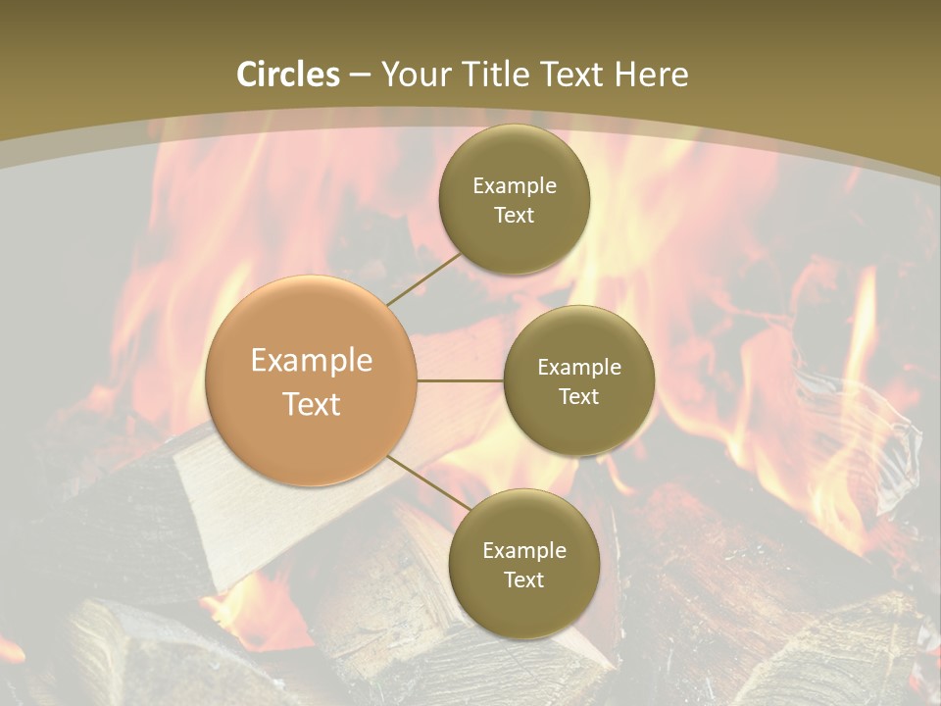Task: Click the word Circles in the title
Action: pos(288,75)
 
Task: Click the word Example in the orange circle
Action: pos(312,361)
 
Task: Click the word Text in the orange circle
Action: pos(312,404)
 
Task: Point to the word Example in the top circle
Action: pos(514,186)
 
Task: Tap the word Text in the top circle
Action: pos(514,216)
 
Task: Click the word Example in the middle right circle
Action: pos(578,368)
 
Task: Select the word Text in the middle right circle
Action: pos(578,397)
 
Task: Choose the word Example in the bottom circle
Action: pos(523,551)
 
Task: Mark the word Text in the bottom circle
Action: pos(523,580)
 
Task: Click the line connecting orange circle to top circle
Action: pos(423,278)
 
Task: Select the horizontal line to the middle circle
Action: pos(461,380)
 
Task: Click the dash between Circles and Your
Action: pos(361,76)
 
